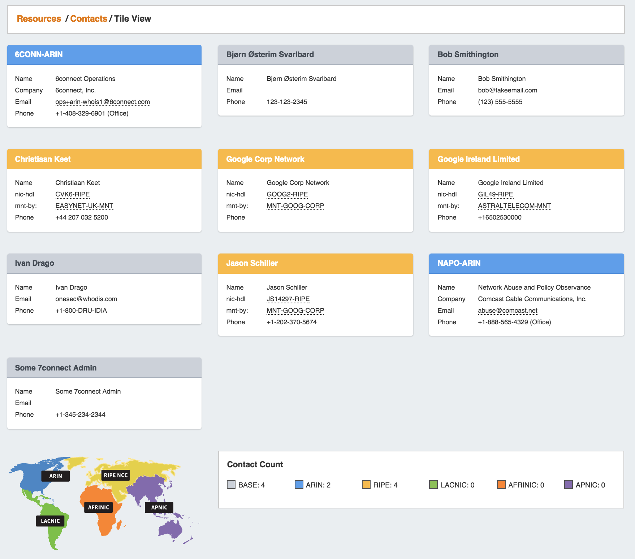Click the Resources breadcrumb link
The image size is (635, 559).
(x=39, y=19)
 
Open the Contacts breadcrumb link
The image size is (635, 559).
(x=88, y=19)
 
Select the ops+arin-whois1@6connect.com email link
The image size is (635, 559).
(x=103, y=102)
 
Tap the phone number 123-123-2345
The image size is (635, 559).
(x=287, y=102)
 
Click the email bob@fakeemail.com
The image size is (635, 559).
(x=507, y=90)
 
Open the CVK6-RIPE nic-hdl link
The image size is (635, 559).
(x=73, y=194)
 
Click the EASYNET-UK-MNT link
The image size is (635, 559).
(x=84, y=206)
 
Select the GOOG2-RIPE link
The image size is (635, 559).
(x=287, y=194)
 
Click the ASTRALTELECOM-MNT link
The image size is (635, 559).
(x=514, y=206)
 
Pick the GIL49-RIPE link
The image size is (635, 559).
(x=495, y=194)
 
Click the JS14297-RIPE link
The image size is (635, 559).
(x=288, y=299)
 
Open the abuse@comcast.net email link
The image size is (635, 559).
(x=507, y=311)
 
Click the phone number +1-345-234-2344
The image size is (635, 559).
(x=80, y=415)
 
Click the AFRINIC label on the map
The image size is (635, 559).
(x=98, y=507)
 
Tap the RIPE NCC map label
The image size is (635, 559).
(x=116, y=475)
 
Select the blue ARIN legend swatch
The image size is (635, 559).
(x=299, y=485)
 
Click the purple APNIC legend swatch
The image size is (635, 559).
(x=569, y=485)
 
